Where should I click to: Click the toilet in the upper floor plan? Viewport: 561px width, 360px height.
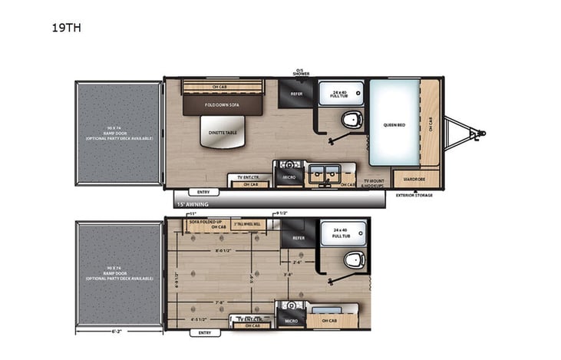[352, 119]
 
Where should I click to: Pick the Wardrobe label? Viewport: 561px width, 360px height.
[415, 180]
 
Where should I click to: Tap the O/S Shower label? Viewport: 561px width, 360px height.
[299, 73]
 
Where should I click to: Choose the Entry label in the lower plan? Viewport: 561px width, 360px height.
[204, 333]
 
